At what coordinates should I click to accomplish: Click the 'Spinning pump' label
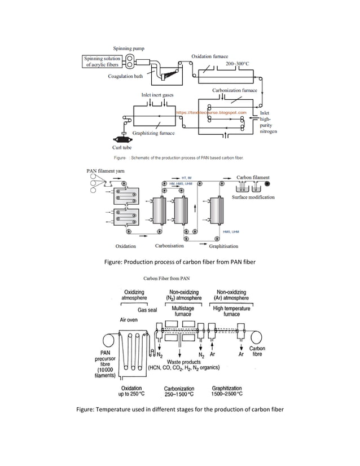pos(129,49)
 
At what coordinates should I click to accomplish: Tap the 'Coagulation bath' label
pos(125,77)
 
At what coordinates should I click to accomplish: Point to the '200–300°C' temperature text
pos(238,64)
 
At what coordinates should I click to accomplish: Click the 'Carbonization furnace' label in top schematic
pos(234,90)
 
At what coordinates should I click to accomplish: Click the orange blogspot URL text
pos(212,113)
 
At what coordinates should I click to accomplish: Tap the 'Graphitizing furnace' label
pos(153,133)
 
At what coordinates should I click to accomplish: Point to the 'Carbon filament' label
pos(252,177)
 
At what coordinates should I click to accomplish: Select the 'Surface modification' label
pos(253,197)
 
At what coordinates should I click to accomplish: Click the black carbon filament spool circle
pos(267,184)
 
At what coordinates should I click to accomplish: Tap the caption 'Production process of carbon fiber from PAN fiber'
pos(179,261)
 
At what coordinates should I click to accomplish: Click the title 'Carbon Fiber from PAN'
pos(166,278)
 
